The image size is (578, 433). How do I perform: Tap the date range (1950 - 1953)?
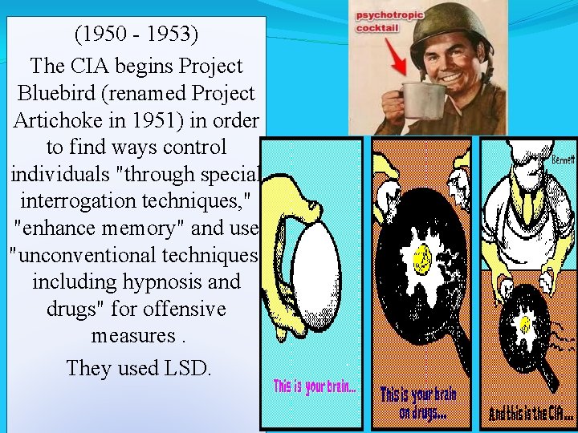point(136,35)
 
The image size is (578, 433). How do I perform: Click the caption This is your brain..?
point(314,387)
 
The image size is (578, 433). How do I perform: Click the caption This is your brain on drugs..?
point(417,403)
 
